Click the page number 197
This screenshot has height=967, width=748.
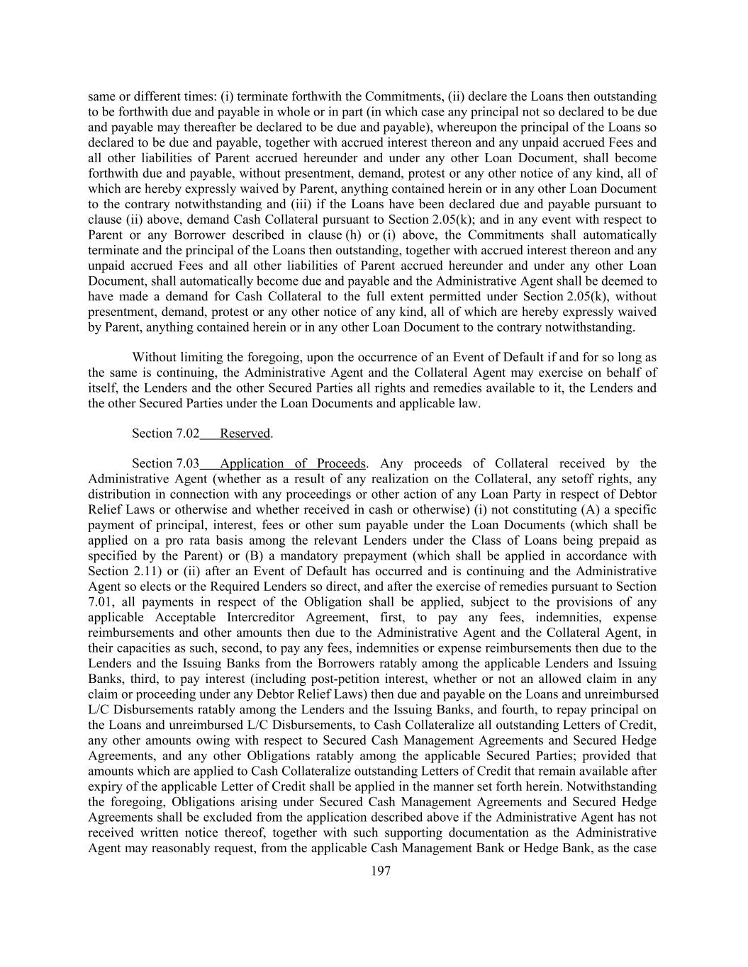pos(381,871)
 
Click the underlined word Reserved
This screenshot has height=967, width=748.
pos(245,434)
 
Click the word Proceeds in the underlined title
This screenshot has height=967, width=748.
pos(340,464)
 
